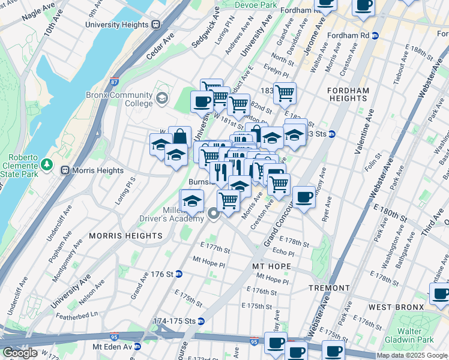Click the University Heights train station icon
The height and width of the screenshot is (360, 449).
(155, 25)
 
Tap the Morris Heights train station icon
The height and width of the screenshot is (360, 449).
(65, 170)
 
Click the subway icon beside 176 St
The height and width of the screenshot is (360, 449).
(178, 274)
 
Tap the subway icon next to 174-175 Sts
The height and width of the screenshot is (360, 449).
(201, 322)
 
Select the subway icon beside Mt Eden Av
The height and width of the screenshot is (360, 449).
(137, 346)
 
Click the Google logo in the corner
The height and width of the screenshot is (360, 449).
(19, 353)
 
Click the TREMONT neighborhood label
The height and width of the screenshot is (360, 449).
(329, 288)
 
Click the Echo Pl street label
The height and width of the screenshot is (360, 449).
(283, 253)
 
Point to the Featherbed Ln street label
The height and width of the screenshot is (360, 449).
(77, 314)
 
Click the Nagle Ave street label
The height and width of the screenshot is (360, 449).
(38, 19)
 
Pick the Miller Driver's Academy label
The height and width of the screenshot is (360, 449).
(184, 214)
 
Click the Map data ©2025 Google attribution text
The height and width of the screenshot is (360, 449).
(411, 355)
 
